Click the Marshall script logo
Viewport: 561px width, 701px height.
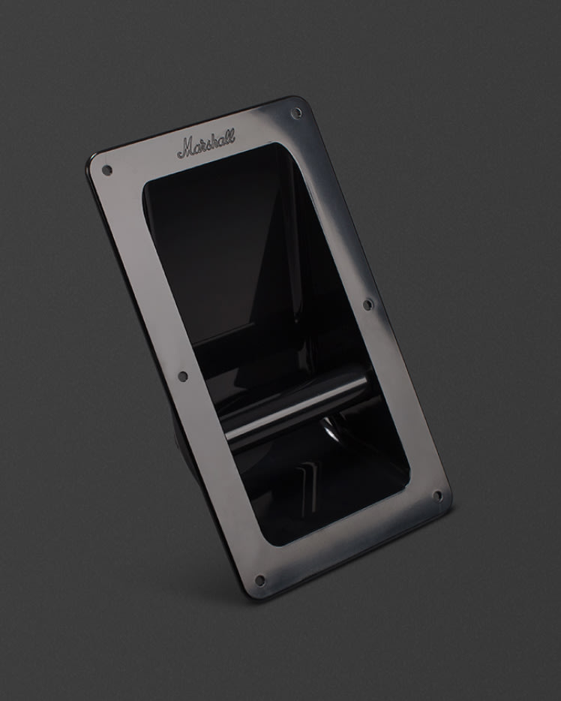(206, 143)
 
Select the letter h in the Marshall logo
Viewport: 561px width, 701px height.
(216, 140)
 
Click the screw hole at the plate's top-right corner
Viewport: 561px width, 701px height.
(295, 113)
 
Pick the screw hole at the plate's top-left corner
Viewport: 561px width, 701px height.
(106, 170)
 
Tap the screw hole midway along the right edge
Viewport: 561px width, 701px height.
(367, 305)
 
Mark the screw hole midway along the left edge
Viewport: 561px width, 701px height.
(183, 376)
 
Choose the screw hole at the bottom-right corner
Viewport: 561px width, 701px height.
(438, 496)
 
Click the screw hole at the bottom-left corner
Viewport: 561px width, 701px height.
(259, 580)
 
